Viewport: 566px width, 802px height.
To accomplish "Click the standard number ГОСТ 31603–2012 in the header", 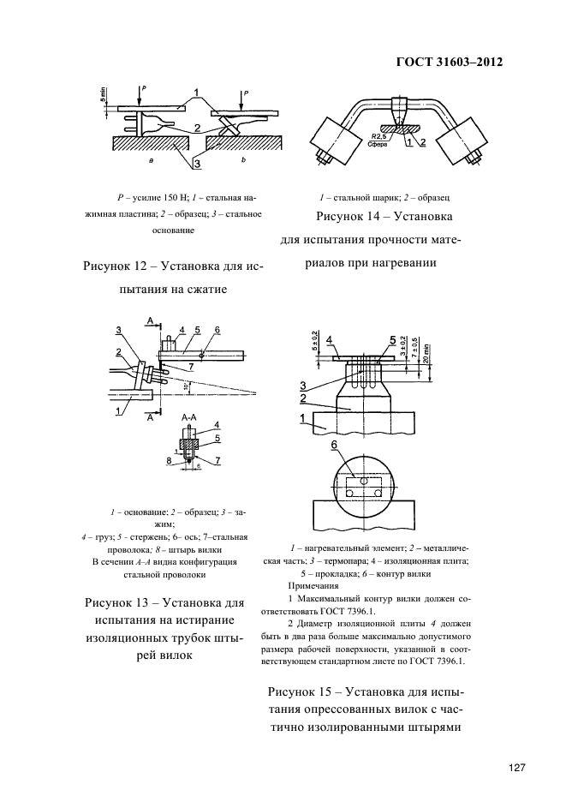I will pyautogui.click(x=449, y=63).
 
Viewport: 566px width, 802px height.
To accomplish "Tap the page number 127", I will pyautogui.click(x=514, y=768).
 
